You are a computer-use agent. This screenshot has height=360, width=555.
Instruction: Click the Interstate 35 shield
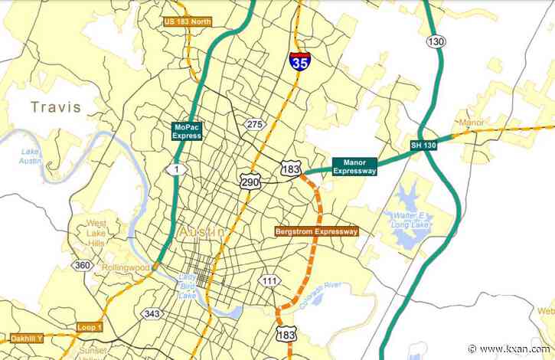[x=299, y=61]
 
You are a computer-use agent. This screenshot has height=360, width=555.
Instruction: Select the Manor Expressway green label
[x=354, y=166]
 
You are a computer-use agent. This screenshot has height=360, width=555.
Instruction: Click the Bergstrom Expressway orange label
[x=316, y=231]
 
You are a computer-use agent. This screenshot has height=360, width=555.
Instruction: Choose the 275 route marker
[x=253, y=124]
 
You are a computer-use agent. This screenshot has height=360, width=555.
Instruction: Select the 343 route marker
[x=151, y=313]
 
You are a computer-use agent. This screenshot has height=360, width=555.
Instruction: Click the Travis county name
[x=56, y=107]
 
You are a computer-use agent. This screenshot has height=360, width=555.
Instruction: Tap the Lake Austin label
[x=31, y=155]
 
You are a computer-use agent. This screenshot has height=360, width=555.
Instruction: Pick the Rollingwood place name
[x=127, y=267]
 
